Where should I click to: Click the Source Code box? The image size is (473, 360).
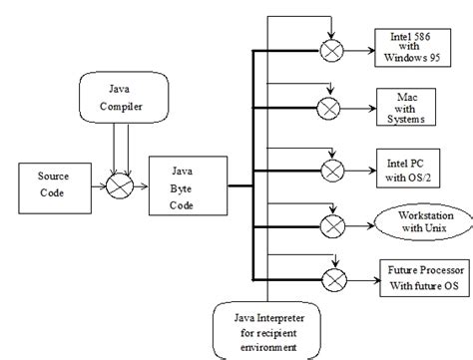click(x=53, y=185)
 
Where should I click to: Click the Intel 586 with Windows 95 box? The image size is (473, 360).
click(x=412, y=46)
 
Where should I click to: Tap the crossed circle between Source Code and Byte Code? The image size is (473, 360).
click(x=121, y=186)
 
